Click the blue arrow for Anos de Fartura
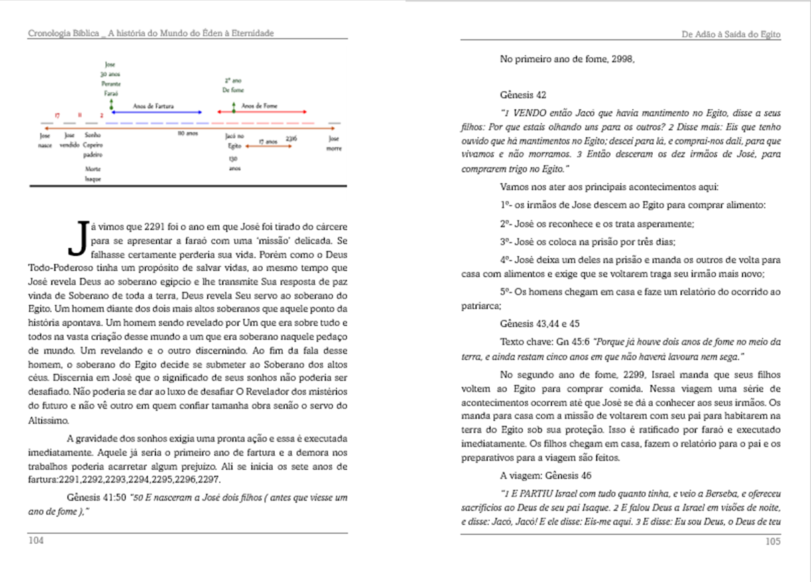pyautogui.click(x=158, y=112)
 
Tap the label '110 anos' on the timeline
pyautogui.click(x=187, y=134)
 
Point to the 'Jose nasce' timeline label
pyautogui.click(x=45, y=140)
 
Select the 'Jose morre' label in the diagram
pyautogui.click(x=333, y=143)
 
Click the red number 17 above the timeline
pyautogui.click(x=58, y=115)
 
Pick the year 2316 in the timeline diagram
pyautogui.click(x=291, y=137)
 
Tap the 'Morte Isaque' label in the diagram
pyautogui.click(x=92, y=174)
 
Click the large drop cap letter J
pyautogui.click(x=78, y=238)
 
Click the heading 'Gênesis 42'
pyautogui.click(x=523, y=96)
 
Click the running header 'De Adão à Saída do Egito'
pyautogui.click(x=731, y=33)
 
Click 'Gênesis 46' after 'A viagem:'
pyautogui.click(x=549, y=476)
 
